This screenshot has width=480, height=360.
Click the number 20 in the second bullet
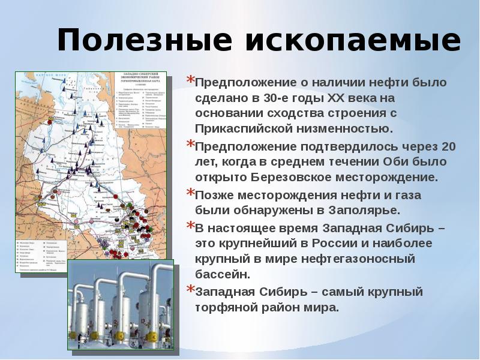tap(448, 146)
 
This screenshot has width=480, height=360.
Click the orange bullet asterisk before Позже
tap(190, 193)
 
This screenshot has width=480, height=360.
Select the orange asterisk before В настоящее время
tap(190, 226)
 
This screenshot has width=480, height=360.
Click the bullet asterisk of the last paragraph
tap(190, 290)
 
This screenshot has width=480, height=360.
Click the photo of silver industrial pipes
tap(120, 308)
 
